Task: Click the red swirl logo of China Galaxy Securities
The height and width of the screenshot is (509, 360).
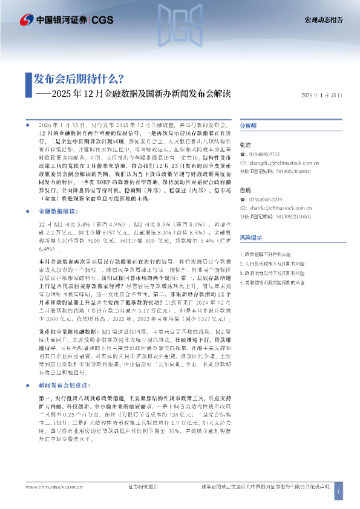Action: [26, 20]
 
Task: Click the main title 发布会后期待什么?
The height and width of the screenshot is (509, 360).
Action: [79, 79]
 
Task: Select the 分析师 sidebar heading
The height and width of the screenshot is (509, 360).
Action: [249, 126]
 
